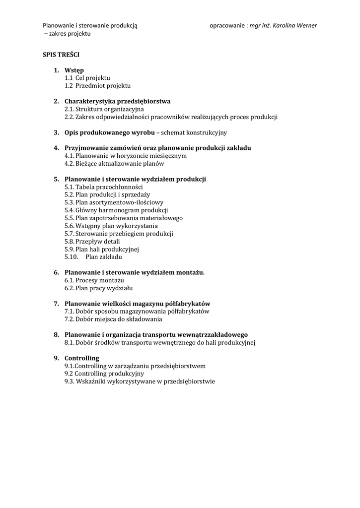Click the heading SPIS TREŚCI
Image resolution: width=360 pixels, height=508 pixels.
61,54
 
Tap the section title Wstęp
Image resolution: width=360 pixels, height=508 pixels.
74,70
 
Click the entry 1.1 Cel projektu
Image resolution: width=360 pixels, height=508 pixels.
87,78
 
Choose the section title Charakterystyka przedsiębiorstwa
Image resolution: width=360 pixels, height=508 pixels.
117,101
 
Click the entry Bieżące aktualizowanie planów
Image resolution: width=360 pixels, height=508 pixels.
120,164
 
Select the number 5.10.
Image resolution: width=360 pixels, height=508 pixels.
72,257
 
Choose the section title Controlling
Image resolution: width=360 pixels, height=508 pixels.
82,358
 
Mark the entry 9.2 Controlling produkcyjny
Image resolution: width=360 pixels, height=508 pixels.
104,374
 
